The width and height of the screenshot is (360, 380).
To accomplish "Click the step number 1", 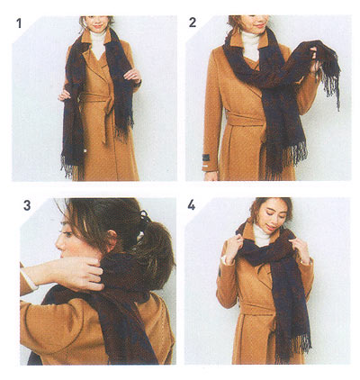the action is click(19, 23).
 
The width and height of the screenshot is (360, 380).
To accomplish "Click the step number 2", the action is click(193, 23).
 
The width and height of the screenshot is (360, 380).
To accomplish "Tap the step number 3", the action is click(27, 205).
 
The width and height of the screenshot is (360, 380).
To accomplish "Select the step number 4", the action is click(191, 204).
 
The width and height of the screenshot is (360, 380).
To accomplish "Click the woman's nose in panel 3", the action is click(59, 245).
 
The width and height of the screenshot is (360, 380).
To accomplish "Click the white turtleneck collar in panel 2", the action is click(251, 42).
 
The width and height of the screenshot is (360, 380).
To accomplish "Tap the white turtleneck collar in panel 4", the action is click(262, 236).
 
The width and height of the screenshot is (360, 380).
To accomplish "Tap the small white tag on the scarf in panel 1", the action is click(85, 150).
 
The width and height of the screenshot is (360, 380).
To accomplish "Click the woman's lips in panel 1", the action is click(97, 26).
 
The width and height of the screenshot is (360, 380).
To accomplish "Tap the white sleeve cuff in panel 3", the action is click(30, 279).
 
